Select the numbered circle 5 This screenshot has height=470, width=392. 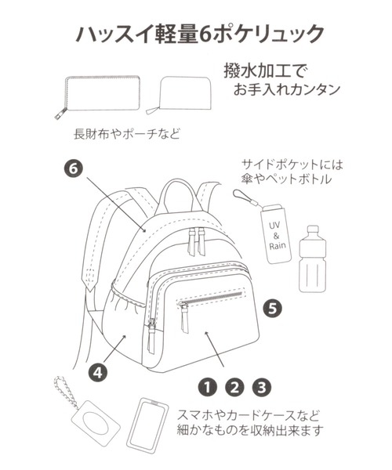(x=272, y=307)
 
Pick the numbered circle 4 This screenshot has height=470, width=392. (x=99, y=373)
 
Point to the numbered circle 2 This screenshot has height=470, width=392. (x=234, y=385)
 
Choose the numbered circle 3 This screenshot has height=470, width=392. (x=261, y=385)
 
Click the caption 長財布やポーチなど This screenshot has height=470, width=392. (x=127, y=133)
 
